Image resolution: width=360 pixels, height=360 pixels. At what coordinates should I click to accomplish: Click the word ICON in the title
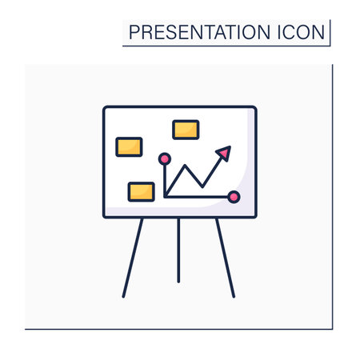coord(302,32)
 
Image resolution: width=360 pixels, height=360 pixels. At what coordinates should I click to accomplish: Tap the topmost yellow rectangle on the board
coord(186,130)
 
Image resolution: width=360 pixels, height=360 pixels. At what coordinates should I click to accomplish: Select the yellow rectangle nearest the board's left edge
coord(129,147)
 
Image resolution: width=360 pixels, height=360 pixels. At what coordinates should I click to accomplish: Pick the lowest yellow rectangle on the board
coord(142,192)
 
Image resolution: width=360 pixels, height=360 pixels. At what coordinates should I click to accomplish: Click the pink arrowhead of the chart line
coord(224,153)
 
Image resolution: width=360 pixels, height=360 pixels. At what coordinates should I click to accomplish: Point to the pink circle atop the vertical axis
coord(165,159)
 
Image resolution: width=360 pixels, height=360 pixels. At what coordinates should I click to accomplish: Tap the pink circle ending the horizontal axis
coord(234,197)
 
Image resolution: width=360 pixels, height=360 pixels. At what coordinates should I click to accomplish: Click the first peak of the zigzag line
coord(185,166)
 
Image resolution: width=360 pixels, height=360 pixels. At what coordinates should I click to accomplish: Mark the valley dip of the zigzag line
coord(202,186)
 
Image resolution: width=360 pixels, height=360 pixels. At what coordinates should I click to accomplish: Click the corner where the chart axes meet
coord(166,197)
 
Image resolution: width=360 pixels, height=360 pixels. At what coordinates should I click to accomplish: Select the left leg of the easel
coord(133,258)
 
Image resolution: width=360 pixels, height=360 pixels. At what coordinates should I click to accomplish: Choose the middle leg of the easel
coord(178,250)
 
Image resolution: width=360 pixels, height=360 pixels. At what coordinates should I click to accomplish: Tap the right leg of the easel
coord(226,258)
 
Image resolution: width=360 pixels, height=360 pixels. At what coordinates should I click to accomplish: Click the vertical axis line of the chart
coord(165,181)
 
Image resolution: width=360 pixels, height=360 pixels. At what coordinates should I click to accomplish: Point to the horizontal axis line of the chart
coord(197,197)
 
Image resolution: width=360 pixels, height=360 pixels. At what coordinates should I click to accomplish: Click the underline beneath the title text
coord(226,46)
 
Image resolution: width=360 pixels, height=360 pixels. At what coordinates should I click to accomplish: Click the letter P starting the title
coord(134,32)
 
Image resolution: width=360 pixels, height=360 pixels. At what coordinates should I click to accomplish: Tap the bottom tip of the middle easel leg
coord(178,282)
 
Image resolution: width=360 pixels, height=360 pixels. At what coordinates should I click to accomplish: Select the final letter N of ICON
coord(318,32)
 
